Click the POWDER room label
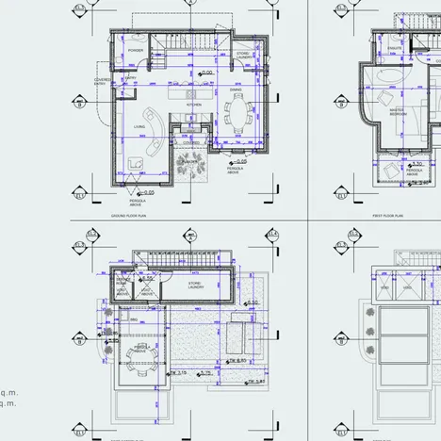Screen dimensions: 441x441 click(136, 50)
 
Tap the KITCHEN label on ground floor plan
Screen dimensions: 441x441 click(193, 105)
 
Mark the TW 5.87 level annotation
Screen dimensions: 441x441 click(252, 383)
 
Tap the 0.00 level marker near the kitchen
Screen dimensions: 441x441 click(206, 72)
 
